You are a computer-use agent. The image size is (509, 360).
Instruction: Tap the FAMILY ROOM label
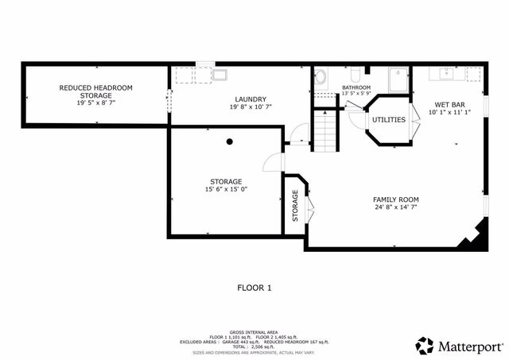pos(395,199)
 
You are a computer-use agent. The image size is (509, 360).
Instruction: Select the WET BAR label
pos(449,104)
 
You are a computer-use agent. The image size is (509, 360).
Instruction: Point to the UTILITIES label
pos(389,120)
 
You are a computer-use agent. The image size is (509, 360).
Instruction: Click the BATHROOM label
pos(356,87)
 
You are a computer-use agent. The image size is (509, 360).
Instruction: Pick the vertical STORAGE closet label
pos(296,204)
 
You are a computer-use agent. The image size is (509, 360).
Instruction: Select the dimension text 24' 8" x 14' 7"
pos(395,207)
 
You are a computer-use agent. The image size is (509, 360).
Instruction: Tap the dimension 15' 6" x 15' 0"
pos(227,189)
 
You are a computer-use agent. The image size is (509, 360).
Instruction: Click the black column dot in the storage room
pos(230,141)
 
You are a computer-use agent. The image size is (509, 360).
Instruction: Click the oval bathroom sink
pos(321,78)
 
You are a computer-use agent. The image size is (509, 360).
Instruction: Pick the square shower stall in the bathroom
pos(397,80)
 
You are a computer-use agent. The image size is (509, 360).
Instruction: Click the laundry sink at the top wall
pos(219,75)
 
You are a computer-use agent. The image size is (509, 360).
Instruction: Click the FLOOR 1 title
pos(254,288)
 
